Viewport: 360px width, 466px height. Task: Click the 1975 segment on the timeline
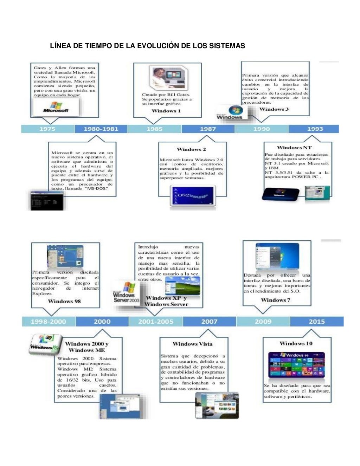click(47, 129)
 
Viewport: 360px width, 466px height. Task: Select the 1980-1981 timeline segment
click(101, 129)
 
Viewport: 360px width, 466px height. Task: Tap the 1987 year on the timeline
click(208, 129)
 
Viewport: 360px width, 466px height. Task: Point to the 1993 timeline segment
click(315, 129)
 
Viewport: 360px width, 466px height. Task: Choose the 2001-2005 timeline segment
click(156, 322)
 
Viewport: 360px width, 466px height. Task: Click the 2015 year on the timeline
click(316, 322)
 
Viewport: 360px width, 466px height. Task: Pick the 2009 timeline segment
click(263, 322)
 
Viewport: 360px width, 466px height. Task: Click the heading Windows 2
click(192, 149)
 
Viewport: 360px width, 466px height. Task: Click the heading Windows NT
click(294, 148)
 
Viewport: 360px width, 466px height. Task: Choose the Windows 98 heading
click(64, 301)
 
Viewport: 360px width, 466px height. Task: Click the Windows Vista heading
click(192, 344)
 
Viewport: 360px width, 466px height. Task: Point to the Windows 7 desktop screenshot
click(277, 257)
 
